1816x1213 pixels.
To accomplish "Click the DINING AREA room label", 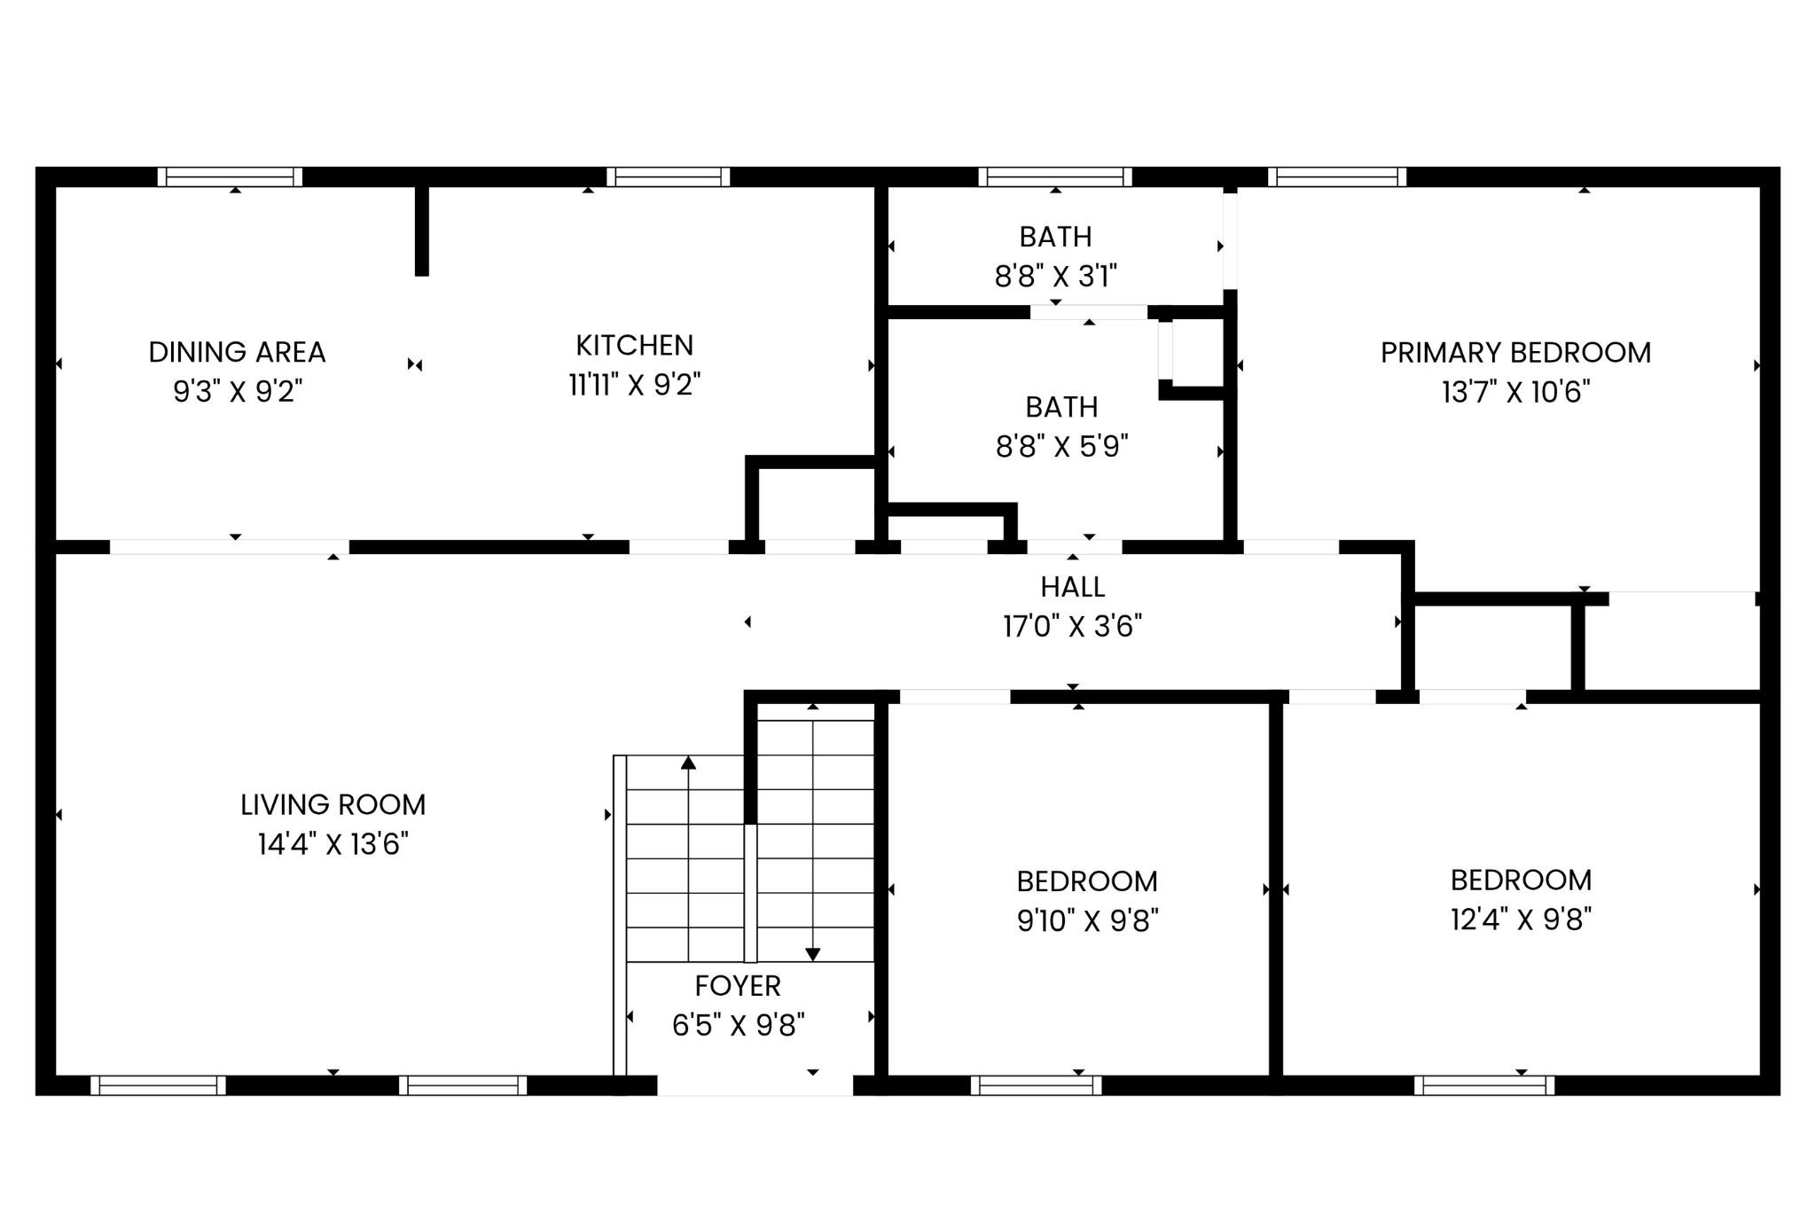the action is [x=237, y=352].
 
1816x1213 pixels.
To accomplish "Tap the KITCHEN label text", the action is [x=634, y=345].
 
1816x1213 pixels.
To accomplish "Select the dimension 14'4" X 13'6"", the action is [x=333, y=843].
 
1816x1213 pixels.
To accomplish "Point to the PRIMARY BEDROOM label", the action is [x=1515, y=352].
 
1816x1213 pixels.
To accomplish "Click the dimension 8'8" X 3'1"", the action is [x=1055, y=277].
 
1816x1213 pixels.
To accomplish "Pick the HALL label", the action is [x=1072, y=587].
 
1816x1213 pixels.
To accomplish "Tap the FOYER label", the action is [x=738, y=985].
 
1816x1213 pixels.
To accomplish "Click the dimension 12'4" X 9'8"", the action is [x=1521, y=919].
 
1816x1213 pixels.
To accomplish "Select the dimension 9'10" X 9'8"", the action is [x=1087, y=920].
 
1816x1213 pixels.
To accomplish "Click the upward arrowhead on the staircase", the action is [x=688, y=762].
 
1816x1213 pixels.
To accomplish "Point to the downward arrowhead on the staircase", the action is [x=812, y=954].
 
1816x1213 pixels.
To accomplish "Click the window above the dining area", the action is [x=231, y=176].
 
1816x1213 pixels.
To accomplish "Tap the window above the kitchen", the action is [x=669, y=176].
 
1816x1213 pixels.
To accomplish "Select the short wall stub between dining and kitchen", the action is [x=422, y=231].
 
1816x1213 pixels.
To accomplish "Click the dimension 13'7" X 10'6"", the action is [x=1515, y=391].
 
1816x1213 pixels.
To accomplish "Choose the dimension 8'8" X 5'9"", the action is [x=1061, y=445].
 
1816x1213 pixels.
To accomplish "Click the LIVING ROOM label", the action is [x=333, y=804].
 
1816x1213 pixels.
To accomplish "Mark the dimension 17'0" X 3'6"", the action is [x=1072, y=626].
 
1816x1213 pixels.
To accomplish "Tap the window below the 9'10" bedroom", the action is [x=1036, y=1085].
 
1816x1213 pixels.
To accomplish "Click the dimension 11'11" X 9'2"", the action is [x=634, y=384].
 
